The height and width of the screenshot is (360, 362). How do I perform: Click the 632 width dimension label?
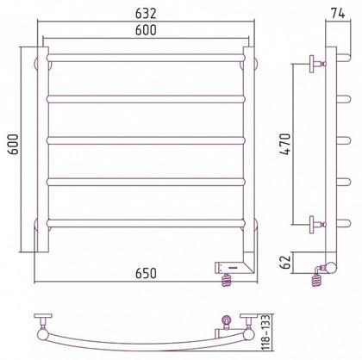[x=146, y=14]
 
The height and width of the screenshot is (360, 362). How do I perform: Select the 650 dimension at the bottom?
[x=146, y=273]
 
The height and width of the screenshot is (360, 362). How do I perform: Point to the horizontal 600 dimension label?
[x=146, y=30]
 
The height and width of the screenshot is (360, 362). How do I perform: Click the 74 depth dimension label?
[x=338, y=14]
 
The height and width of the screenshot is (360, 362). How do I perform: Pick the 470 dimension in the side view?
[x=285, y=144]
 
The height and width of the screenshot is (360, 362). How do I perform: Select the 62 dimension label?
[x=285, y=261]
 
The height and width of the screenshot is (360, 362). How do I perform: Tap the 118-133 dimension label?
[x=266, y=332]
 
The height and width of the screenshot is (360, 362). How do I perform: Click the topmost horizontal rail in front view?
[x=146, y=58]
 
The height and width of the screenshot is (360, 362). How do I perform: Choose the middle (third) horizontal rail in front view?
[x=146, y=140]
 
